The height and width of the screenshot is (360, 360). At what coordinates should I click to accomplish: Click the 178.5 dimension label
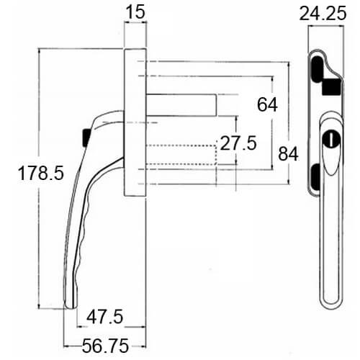pos(41,173)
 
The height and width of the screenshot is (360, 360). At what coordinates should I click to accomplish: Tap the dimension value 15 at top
pos(135,12)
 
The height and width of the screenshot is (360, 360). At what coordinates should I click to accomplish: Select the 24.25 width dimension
pos(323,13)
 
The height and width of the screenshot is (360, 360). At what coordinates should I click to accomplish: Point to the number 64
pos(267,104)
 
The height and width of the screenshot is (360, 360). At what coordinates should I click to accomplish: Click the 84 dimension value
pos(288,154)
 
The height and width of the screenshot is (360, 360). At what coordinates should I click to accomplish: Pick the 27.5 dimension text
pos(238,143)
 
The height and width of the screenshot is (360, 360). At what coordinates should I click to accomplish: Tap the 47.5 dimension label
pos(105,317)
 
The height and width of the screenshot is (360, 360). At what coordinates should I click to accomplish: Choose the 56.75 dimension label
pos(105,346)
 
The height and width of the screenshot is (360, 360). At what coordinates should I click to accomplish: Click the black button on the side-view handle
pos(86,138)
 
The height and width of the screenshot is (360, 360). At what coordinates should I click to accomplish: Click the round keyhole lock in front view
pos(331,139)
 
